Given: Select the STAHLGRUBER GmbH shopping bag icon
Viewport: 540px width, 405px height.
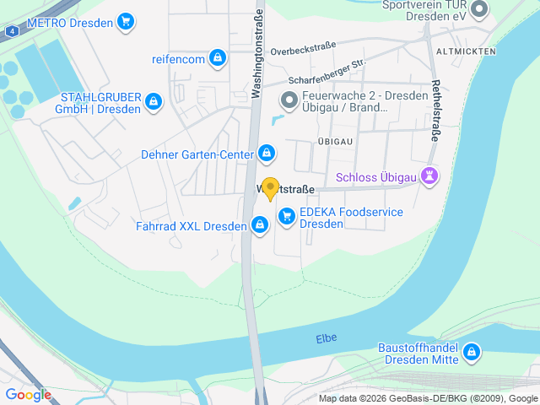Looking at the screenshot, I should click(153, 102).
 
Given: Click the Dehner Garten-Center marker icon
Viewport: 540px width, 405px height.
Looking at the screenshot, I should click(267, 153).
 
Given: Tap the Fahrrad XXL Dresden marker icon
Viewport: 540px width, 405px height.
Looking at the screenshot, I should click(260, 225).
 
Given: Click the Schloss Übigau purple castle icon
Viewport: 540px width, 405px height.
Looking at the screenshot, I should click(431, 177).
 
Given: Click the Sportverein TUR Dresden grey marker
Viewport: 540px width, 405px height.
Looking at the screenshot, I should click(479, 10).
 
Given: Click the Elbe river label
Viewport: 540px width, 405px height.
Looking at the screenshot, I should click(326, 338).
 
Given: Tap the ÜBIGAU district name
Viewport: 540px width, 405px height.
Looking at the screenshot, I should click(334, 140).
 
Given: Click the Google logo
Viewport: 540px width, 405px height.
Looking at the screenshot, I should click(29, 394).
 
